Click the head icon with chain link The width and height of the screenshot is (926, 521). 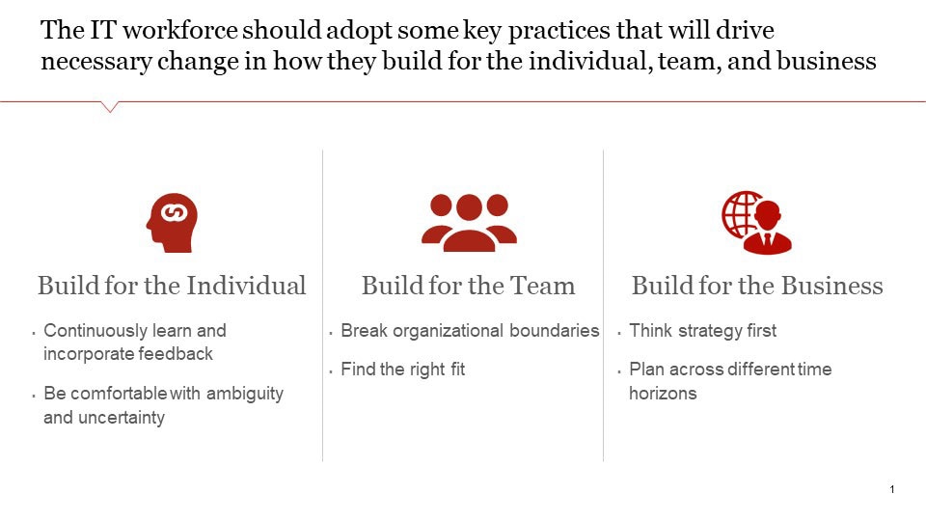point(172,223)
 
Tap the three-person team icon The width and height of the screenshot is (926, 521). point(469,223)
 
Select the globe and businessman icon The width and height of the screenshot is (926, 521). point(757,223)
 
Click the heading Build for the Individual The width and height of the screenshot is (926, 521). point(172,286)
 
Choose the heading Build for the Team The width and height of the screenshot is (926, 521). point(469,286)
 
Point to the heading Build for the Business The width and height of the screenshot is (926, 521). point(757,286)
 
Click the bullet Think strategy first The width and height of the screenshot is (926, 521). point(703,331)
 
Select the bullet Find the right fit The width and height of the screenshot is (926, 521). point(403,370)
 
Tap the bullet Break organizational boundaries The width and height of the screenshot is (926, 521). point(470,331)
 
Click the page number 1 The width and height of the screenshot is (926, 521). point(891,489)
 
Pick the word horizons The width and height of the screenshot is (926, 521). point(663,394)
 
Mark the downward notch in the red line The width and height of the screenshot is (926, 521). point(109,107)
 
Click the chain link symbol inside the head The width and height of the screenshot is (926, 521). point(175,212)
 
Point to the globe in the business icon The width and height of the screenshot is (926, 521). point(740,214)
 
